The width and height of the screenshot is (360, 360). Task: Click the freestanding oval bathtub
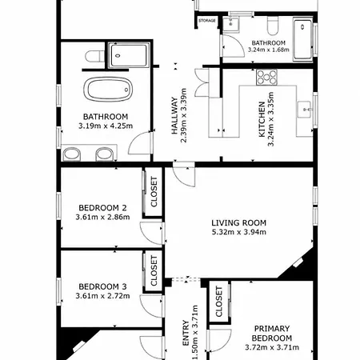point(108,90)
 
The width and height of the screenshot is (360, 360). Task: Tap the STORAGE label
point(207,21)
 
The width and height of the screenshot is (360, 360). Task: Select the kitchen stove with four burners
point(266,78)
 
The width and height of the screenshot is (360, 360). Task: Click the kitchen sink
point(304,110)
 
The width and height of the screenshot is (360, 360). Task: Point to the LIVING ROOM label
point(239,222)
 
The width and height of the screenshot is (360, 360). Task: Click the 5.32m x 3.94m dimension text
point(239,232)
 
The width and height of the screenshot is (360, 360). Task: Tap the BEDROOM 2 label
point(102,208)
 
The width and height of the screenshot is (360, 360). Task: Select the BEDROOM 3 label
point(102,286)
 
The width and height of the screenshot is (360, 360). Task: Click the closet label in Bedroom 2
point(154,192)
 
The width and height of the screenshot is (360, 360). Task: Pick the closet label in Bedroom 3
point(154,270)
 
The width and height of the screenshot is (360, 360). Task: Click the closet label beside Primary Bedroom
point(218,302)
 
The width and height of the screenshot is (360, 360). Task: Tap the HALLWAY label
point(174,115)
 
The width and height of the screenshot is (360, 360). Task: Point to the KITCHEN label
point(262,119)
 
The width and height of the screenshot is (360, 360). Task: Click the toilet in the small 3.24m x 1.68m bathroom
point(273,26)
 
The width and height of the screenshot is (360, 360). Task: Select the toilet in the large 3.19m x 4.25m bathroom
point(94,56)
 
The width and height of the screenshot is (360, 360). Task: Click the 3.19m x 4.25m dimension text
point(106,126)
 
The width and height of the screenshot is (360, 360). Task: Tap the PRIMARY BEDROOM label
point(272,333)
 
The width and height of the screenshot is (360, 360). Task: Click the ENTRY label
point(186,333)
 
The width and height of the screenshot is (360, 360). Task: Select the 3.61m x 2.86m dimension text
point(102,217)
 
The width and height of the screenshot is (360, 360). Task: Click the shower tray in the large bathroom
point(129,55)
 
